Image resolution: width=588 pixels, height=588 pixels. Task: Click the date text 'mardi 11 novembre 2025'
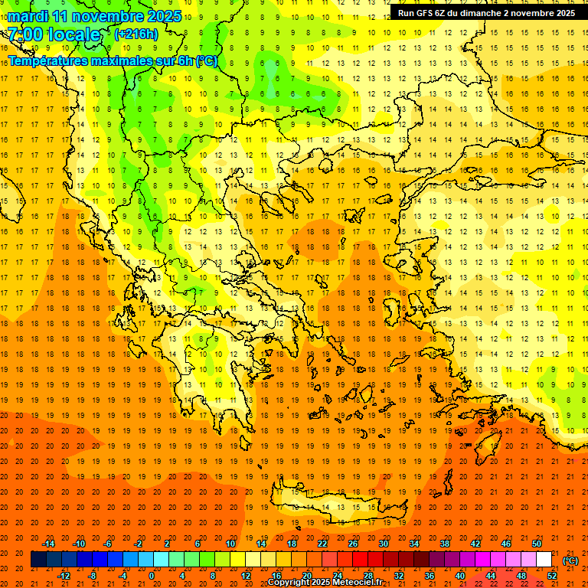94,16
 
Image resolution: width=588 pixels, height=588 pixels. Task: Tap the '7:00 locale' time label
54,34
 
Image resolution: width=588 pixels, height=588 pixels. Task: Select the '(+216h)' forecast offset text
136,34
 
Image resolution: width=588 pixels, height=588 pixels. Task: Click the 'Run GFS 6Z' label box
487,13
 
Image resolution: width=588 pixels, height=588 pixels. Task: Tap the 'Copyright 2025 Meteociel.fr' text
325,582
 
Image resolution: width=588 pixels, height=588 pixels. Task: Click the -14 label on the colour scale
50,544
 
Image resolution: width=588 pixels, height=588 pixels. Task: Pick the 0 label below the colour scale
151,576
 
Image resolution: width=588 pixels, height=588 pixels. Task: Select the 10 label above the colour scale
230,544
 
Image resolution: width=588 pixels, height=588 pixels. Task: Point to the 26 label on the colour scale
353,544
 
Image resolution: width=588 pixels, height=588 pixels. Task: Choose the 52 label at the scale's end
552,576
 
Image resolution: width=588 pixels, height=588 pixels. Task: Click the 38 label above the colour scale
445,544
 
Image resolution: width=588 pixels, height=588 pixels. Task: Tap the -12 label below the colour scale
64,576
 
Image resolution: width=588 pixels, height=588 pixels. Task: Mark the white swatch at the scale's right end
544,560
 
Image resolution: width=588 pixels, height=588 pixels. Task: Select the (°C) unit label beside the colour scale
570,560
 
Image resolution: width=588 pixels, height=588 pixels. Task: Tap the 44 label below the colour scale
491,576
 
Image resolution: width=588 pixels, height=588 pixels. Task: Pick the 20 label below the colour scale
307,576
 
